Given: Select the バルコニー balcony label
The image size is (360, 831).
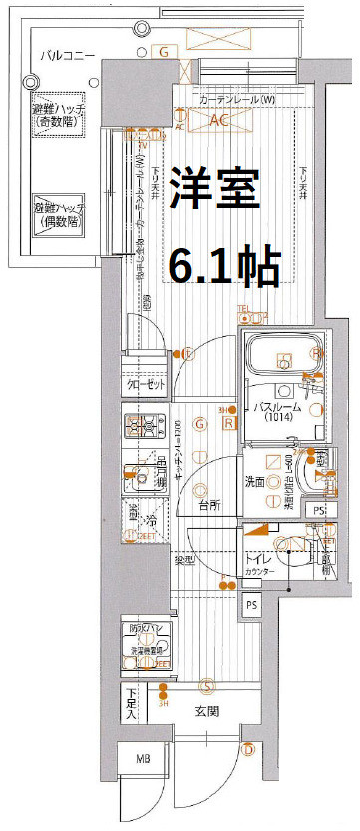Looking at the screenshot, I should point(68,55).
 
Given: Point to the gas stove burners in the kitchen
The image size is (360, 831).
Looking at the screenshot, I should point(143,428).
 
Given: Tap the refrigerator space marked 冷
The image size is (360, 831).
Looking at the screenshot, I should point(146,520).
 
